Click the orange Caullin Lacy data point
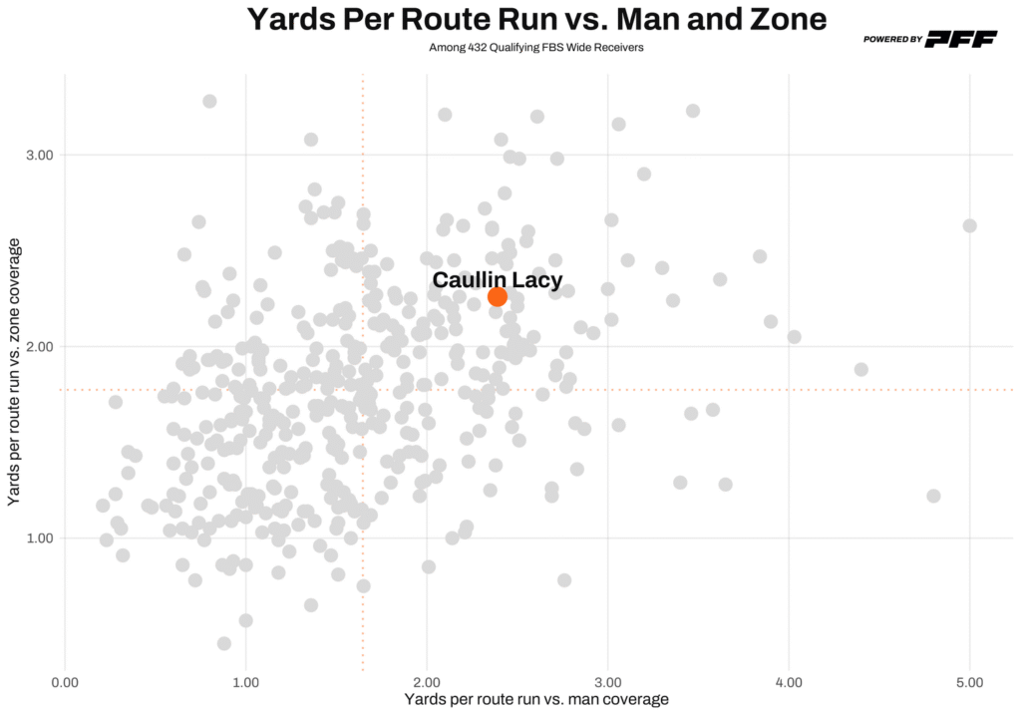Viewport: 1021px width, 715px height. tap(498, 296)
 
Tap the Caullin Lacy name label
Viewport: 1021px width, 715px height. tap(497, 280)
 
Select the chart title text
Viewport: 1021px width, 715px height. tap(536, 19)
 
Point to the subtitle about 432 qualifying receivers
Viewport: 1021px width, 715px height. tap(536, 47)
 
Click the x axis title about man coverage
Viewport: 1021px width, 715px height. tap(536, 700)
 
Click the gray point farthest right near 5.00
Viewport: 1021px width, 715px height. tap(969, 226)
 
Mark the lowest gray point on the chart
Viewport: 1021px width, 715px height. tap(224, 643)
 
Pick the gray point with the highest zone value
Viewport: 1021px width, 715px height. tap(209, 101)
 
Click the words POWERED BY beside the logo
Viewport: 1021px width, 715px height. tap(892, 39)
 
